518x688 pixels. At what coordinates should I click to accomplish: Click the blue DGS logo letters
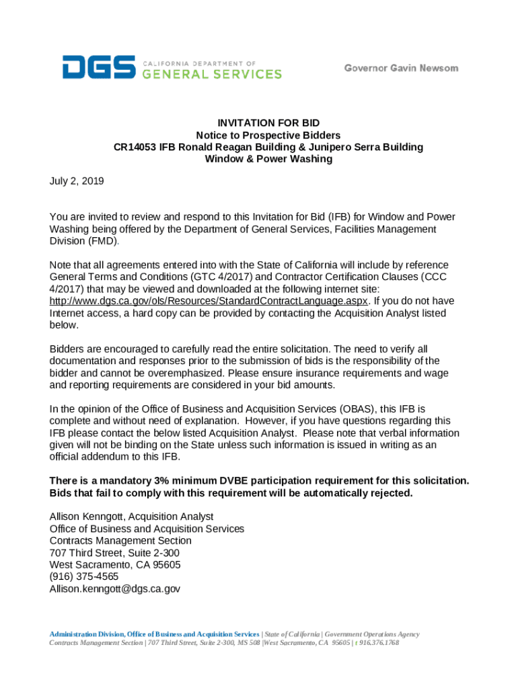pos(100,68)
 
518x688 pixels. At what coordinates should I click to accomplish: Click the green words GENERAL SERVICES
pos(212,74)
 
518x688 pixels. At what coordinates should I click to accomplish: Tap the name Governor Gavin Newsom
pos(401,68)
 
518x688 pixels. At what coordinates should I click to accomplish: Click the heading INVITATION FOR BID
pos(268,123)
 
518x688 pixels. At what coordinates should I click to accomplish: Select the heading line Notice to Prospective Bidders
pos(268,135)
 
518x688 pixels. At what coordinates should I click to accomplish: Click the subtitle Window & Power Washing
pos(268,159)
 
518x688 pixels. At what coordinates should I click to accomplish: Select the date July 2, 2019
pos(77,181)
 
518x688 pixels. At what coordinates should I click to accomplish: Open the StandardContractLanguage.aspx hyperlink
pos(209,301)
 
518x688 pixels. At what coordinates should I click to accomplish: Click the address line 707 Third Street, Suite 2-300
pos(114,553)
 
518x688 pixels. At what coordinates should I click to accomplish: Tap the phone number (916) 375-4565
pos(84,577)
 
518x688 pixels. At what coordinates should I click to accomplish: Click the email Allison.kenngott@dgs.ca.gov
pos(115,589)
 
